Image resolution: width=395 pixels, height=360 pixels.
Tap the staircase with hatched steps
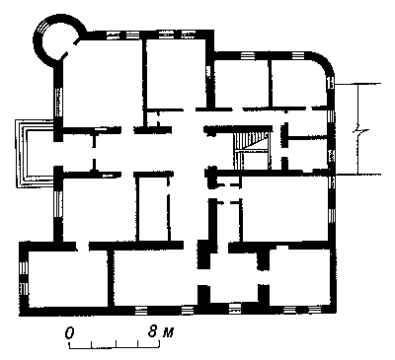coord(252,148)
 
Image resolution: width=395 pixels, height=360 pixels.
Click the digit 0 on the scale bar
coord(69,332)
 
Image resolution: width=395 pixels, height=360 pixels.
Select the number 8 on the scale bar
coord(152,331)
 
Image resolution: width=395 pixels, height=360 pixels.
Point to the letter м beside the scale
coord(168,333)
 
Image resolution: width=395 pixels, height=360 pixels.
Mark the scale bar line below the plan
coord(115,345)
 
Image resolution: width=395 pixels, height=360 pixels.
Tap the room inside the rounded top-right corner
coord(299,83)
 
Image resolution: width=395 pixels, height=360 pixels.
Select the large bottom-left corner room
coord(67,279)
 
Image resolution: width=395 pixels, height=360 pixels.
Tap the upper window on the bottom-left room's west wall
coord(24,266)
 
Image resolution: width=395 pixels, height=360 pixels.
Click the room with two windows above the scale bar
coord(155,279)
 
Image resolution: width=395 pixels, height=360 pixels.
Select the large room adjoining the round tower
coord(102,82)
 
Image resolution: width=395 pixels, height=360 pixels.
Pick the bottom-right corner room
coord(299,276)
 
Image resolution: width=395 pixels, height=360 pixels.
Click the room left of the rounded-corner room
coord(242,83)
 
